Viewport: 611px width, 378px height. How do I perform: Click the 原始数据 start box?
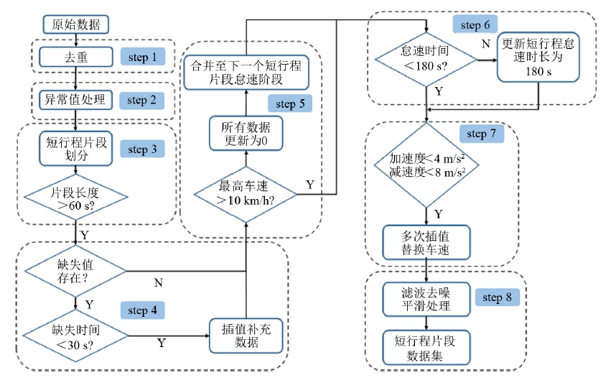coord(76,24)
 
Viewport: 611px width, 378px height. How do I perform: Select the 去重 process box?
coord(76,57)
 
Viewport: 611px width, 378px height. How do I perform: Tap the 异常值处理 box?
coord(76,99)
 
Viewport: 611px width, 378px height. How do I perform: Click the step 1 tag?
coord(142,57)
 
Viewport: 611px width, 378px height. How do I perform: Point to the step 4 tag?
coord(147,310)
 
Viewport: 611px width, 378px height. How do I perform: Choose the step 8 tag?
coord(502,298)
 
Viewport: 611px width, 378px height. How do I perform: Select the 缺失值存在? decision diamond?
coord(75,271)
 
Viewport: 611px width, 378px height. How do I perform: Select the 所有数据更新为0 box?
coord(247,134)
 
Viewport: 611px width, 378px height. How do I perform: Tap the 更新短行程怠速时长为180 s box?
coord(538,58)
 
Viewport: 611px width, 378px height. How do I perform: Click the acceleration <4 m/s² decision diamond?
coord(427,165)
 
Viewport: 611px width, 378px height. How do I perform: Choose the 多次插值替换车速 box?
coord(427,244)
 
